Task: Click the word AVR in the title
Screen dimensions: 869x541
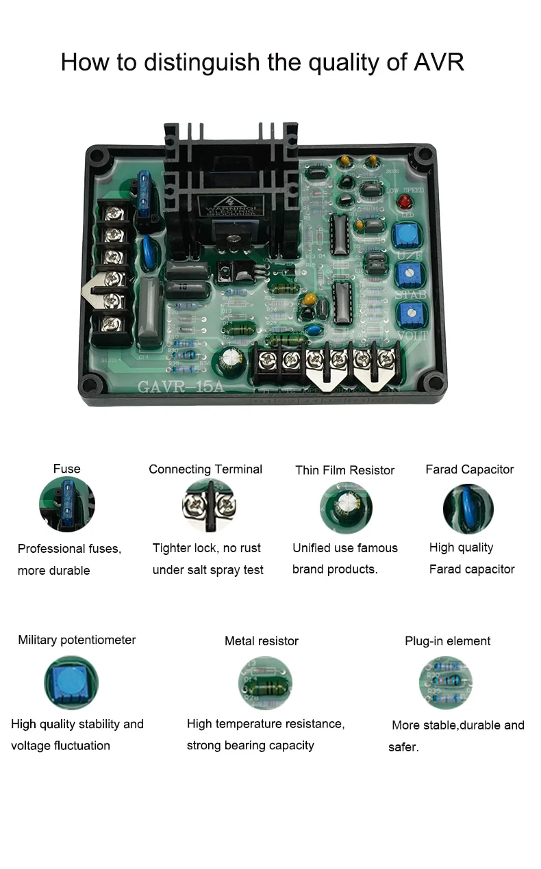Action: coord(439,62)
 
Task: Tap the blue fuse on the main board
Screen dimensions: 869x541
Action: coord(146,194)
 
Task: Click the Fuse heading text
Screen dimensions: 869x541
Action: coord(66,469)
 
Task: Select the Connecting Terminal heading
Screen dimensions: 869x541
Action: coord(205,469)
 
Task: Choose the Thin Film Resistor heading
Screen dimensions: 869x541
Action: coord(344,470)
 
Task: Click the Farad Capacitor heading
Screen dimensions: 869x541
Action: coord(469,469)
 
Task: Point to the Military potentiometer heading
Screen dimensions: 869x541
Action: coord(77,640)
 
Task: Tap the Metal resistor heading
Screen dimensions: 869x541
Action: coord(262,641)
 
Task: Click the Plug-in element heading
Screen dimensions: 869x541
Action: coord(447,641)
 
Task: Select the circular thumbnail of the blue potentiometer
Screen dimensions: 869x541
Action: coord(71,682)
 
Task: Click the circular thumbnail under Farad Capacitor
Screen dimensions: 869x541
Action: coord(468,508)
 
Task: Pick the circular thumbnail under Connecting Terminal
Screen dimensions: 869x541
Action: coord(209,506)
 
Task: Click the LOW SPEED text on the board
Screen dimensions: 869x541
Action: coord(405,190)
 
